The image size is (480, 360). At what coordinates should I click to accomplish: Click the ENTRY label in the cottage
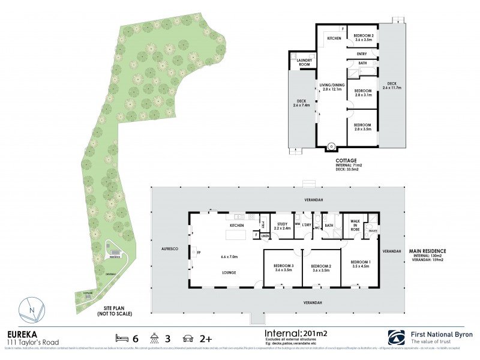pos(362,53)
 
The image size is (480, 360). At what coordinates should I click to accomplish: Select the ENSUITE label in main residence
pos(372,229)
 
